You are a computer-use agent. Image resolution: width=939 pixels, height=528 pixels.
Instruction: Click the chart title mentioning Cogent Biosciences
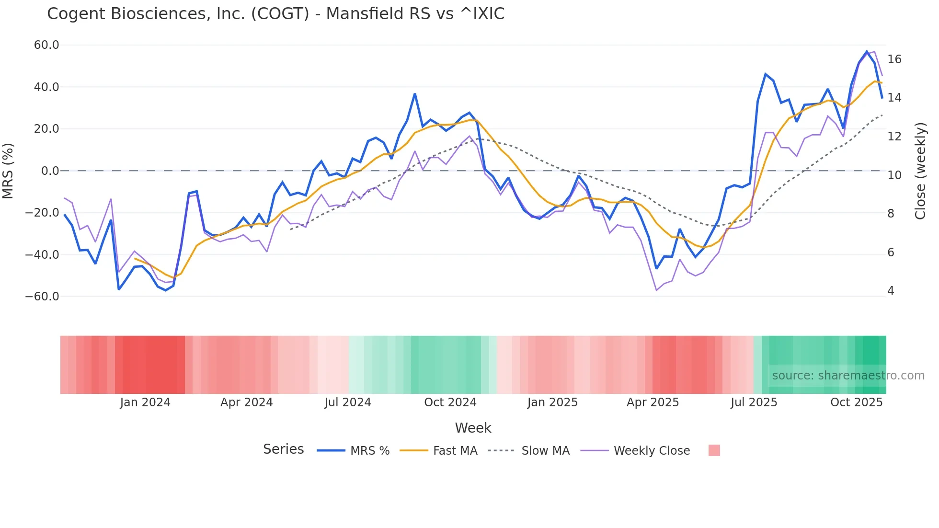pos(275,14)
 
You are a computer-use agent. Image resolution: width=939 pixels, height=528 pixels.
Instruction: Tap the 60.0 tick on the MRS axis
pos(46,45)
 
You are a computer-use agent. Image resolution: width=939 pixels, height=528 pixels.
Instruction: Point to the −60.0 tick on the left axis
pos(42,297)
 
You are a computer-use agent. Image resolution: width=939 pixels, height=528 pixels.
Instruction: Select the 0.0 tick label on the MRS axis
pos(50,171)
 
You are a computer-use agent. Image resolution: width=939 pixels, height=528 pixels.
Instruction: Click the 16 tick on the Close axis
pos(894,59)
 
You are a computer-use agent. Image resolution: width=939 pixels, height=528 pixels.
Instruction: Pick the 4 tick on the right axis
pos(891,291)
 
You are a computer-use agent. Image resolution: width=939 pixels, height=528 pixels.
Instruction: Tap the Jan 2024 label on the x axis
pos(145,402)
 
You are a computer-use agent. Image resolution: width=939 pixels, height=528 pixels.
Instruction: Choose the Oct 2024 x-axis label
pos(450,402)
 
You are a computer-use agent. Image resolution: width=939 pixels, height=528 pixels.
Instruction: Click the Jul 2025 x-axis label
pos(754,402)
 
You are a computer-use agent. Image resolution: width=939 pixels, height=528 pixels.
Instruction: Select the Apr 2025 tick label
pos(653,402)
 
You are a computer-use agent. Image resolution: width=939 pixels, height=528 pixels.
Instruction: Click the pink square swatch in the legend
pos(714,450)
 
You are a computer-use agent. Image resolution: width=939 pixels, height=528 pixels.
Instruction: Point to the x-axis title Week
pos(473,428)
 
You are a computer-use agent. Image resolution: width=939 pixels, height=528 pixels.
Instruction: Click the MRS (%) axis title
pos(8,171)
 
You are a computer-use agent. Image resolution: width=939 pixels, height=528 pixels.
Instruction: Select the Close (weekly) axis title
pos(920,171)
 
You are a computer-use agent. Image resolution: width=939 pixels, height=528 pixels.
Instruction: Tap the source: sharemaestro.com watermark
pos(848,376)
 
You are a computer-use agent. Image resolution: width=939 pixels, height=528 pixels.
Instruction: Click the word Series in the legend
pos(283,449)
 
